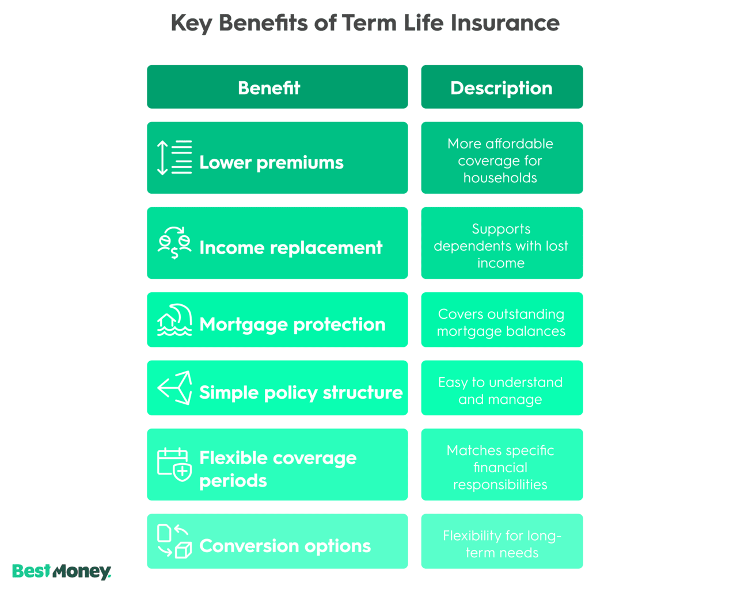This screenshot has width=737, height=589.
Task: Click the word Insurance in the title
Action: [505, 23]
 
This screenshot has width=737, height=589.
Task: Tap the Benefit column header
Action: [269, 88]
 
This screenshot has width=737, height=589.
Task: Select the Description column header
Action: [502, 89]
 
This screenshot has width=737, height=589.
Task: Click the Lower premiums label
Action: [271, 162]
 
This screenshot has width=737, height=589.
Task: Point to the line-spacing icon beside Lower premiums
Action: [174, 158]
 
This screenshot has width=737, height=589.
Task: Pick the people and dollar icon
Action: [174, 243]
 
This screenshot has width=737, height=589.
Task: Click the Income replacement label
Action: [291, 247]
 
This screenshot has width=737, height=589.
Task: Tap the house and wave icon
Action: [174, 320]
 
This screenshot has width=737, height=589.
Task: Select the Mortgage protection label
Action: [292, 324]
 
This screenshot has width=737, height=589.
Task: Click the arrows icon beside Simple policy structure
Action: [174, 388]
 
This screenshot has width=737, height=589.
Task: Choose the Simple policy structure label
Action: [301, 392]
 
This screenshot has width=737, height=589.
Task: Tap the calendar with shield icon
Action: [174, 464]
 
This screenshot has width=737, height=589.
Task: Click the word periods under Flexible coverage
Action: [233, 481]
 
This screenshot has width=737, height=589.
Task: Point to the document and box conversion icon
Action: [174, 541]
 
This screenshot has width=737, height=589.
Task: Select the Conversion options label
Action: [285, 546]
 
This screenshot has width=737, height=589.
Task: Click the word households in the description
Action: [500, 178]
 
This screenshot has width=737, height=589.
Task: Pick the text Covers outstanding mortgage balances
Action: [501, 323]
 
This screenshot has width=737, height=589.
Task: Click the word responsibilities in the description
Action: [500, 485]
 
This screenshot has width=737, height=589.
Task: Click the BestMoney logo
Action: [62, 572]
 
